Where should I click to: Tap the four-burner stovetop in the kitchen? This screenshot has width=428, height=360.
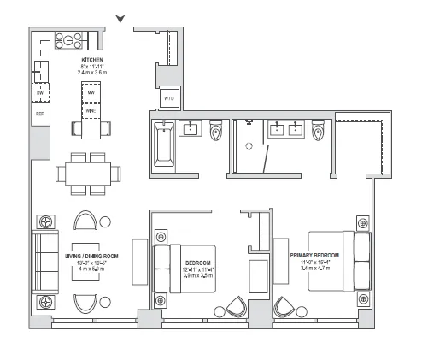click(67, 38)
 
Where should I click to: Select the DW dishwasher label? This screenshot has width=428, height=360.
click(39, 93)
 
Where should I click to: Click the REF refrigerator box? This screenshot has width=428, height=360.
click(39, 112)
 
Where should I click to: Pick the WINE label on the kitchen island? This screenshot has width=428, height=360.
click(90, 109)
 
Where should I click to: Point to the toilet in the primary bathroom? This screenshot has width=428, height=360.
click(320, 132)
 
